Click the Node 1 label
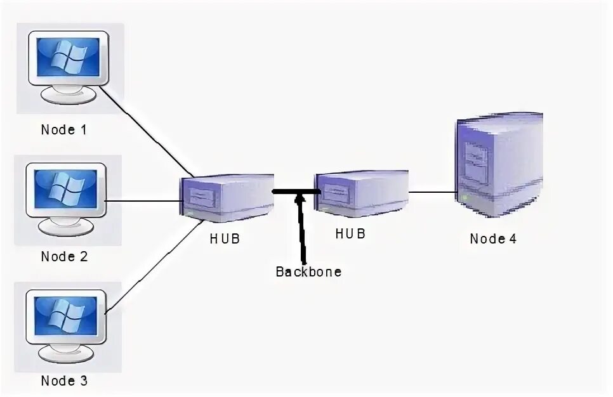click(63, 130)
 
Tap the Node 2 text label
click(63, 257)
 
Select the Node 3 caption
click(63, 381)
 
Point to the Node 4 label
click(493, 239)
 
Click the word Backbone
click(308, 272)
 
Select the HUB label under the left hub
click(225, 239)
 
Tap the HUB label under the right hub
click(351, 233)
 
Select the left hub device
click(227, 197)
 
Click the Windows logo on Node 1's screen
click(67, 56)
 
